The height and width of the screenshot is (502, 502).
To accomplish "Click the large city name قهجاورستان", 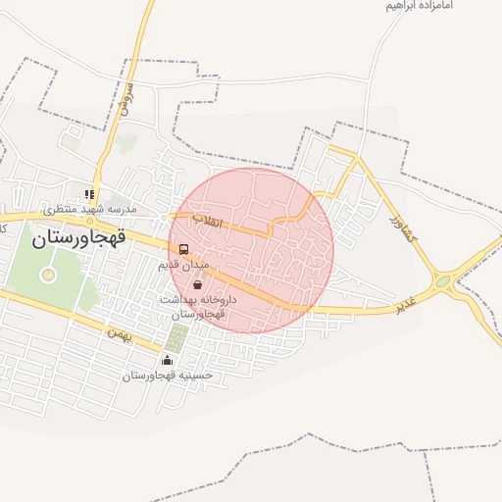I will point(82,238).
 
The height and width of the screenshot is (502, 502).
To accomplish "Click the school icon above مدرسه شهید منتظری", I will point(89,194).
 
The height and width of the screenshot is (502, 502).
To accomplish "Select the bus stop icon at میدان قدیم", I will point(184,249).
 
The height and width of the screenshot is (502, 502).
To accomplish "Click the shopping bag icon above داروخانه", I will point(199,284).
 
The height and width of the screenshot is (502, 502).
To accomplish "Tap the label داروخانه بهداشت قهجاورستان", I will point(192,306).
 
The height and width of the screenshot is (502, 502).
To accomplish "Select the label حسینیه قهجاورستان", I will point(166,376).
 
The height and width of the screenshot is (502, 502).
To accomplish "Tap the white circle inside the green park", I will point(47,276).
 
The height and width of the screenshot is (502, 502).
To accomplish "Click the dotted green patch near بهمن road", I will point(176,338).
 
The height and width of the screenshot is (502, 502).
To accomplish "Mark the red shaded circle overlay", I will point(252,249).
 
